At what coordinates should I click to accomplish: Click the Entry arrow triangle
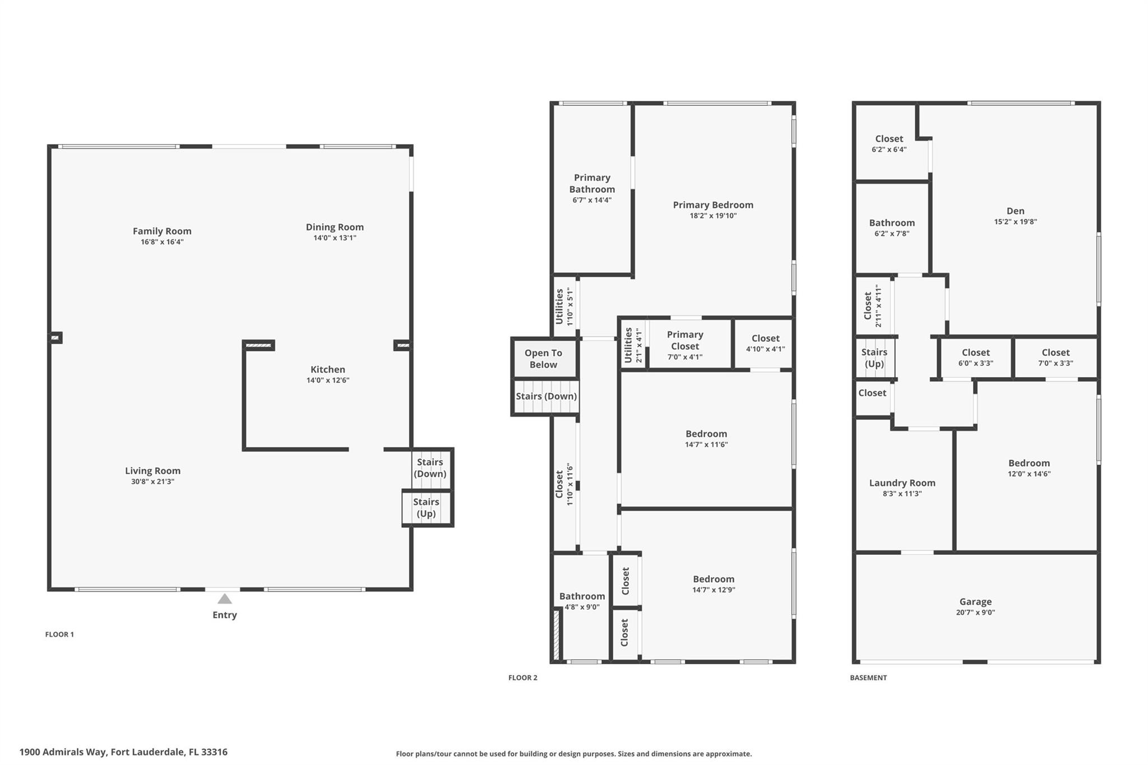224,599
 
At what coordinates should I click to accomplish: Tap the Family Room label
162,231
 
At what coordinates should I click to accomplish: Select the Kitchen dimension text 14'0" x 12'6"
328,381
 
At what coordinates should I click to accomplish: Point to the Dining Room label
335,227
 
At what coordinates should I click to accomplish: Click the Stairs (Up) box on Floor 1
427,508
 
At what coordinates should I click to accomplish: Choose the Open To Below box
544,359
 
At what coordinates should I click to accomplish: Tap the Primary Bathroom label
592,183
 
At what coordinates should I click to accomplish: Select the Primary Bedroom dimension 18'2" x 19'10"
713,216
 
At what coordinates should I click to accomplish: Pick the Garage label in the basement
975,601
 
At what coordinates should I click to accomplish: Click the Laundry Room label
902,483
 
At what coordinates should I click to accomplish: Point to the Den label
1015,211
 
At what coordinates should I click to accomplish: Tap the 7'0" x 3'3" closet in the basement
1056,358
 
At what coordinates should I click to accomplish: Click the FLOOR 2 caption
522,678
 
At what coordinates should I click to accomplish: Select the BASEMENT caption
868,678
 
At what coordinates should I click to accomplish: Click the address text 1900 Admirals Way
63,752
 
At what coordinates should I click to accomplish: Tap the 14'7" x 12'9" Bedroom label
714,579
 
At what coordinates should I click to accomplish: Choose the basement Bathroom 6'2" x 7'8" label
892,222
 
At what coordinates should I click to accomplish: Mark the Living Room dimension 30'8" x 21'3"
152,481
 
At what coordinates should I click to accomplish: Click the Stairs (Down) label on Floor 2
546,396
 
